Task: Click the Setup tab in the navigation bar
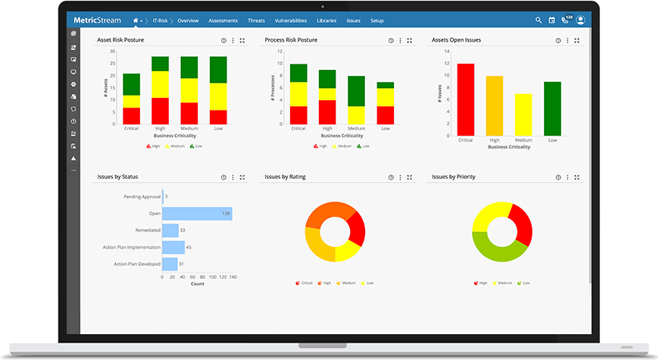(376, 20)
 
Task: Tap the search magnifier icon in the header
(539, 20)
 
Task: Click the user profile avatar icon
(581, 20)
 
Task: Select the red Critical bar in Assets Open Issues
(465, 99)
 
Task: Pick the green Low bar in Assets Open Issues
(552, 108)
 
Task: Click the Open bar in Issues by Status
(197, 214)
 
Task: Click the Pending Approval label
(142, 197)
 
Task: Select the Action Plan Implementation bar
(173, 247)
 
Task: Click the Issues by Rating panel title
(285, 177)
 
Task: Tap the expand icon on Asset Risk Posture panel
(242, 40)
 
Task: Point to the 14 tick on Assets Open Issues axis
(447, 52)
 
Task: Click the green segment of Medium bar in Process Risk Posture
(356, 91)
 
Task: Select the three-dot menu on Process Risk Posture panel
(400, 40)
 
